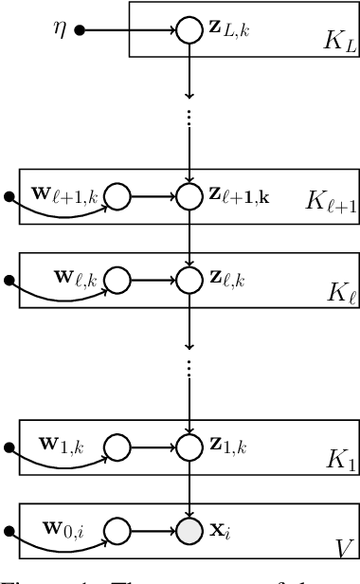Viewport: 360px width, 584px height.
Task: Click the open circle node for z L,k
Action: pyautogui.click(x=185, y=30)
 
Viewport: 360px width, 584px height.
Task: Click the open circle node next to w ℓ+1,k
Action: pyautogui.click(x=118, y=198)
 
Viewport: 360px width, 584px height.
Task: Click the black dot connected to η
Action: pyautogui.click(x=81, y=30)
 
